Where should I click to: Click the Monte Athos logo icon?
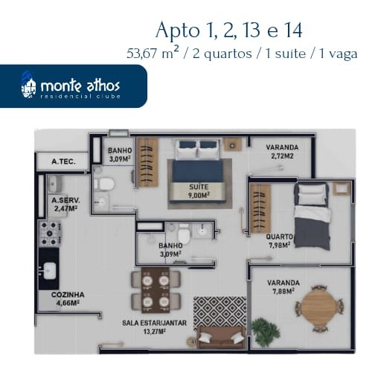[28, 86]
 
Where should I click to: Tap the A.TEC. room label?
[63, 161]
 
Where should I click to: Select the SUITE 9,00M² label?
[199, 191]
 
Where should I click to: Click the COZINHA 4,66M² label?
[68, 299]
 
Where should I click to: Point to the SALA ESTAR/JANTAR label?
[154, 323]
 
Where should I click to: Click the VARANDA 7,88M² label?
[283, 287]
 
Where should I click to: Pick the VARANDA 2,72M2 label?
[282, 152]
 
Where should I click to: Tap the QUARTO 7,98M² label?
[280, 241]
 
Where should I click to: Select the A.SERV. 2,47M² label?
[65, 205]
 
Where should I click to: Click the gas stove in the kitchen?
[50, 234]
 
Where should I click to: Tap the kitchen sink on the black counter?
[50, 271]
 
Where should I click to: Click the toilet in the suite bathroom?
[104, 185]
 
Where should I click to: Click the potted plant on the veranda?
[265, 332]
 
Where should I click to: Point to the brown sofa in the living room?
[222, 337]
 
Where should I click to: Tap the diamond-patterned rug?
[219, 312]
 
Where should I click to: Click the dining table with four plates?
[155, 289]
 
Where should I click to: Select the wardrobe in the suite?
[148, 162]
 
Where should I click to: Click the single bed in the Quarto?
[312, 217]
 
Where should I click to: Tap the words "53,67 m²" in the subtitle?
[153, 53]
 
